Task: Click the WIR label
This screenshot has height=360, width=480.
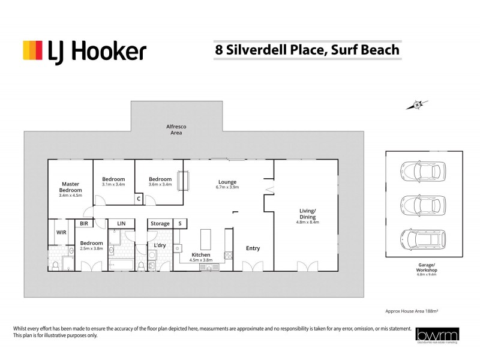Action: coord(61,231)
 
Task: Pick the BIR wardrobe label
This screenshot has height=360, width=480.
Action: coord(84,224)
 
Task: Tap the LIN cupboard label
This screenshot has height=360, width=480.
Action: coord(121,224)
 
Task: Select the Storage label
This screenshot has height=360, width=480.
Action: coord(160,224)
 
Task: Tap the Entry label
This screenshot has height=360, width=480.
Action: coord(253,247)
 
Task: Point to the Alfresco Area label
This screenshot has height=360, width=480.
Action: coord(175,130)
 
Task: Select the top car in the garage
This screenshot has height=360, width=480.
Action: coord(424,170)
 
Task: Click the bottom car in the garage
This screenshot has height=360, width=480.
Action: coord(424,239)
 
